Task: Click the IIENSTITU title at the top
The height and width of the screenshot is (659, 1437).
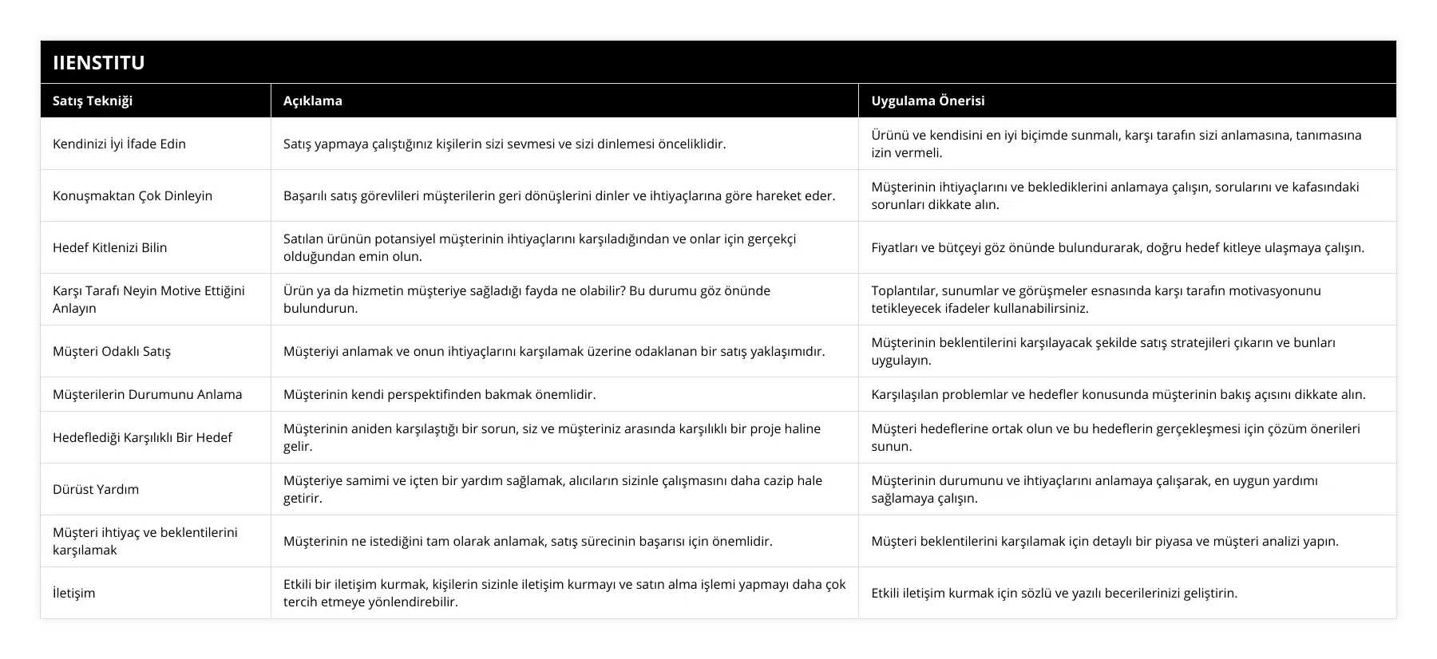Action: click(x=99, y=62)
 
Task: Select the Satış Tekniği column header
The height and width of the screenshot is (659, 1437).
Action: click(x=93, y=101)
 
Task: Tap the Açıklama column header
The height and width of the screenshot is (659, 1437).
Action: click(x=313, y=101)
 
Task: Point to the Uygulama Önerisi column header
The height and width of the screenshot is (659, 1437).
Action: click(x=928, y=101)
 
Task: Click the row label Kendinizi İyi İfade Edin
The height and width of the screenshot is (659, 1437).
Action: click(x=119, y=144)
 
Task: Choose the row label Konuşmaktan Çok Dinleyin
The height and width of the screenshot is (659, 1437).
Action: click(x=133, y=195)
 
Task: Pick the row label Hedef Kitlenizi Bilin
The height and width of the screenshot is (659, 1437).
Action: click(x=110, y=247)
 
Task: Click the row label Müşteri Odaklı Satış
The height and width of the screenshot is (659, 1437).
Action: click(x=112, y=351)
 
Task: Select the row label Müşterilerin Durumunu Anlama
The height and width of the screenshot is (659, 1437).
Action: click(x=148, y=394)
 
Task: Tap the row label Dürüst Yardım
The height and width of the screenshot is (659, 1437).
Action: click(x=96, y=489)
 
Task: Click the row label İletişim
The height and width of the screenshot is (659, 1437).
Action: click(x=74, y=593)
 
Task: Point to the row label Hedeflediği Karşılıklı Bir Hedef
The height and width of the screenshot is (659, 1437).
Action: click(x=142, y=437)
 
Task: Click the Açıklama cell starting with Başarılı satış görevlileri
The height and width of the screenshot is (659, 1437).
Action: click(x=559, y=195)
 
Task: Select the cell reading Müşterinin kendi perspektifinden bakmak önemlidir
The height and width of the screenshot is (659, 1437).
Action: click(x=440, y=394)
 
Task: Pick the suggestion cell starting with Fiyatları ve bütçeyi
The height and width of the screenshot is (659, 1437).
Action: click(x=1118, y=247)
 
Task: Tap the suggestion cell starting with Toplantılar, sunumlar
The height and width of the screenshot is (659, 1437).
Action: click(x=1096, y=299)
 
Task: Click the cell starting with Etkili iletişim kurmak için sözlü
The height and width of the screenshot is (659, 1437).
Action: click(x=1055, y=593)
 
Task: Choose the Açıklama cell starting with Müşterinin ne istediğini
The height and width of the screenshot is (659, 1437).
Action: click(x=528, y=541)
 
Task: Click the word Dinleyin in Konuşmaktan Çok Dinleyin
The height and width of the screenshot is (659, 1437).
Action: click(x=188, y=195)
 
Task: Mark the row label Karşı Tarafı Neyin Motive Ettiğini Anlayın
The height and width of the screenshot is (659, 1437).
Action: click(x=148, y=299)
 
